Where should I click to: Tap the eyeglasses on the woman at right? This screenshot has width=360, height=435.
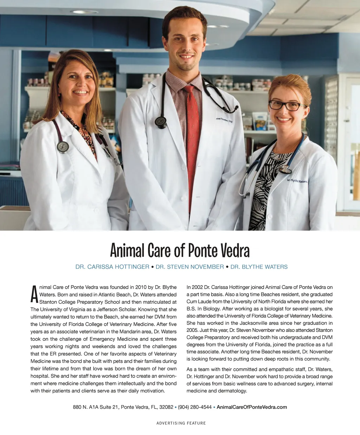click(x=287, y=105)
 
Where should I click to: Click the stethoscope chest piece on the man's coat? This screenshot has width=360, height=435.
click(x=161, y=122)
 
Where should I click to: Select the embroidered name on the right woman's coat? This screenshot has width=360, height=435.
click(x=297, y=181)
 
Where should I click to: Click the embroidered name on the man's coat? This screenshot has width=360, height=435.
click(x=224, y=120)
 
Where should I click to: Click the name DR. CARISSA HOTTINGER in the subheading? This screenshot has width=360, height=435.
click(x=112, y=267)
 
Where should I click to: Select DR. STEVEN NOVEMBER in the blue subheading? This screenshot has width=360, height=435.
click(x=190, y=267)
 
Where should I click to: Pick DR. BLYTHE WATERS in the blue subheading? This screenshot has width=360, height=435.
click(x=259, y=267)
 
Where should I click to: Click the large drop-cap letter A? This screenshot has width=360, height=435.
click(x=34, y=295)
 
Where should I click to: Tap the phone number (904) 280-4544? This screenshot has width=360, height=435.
click(x=195, y=407)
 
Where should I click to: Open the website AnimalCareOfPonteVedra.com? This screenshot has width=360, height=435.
click(x=252, y=407)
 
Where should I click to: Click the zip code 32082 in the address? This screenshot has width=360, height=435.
click(x=166, y=407)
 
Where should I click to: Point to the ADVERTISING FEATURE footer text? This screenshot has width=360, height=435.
click(x=181, y=423)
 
